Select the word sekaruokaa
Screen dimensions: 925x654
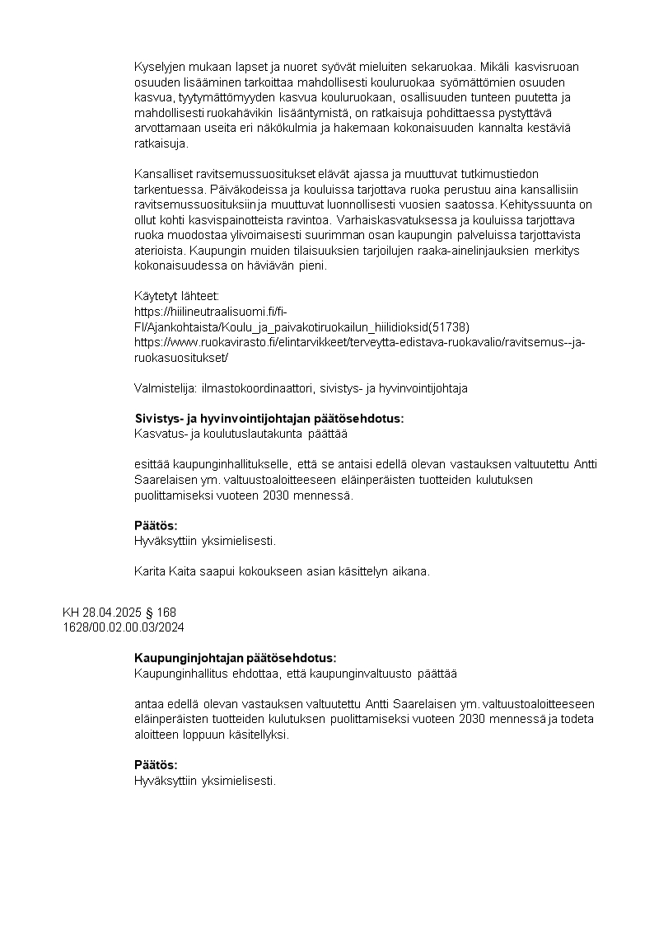click(x=444, y=68)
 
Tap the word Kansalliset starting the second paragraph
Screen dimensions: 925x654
click(x=163, y=174)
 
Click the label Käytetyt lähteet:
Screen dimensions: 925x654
click(x=176, y=295)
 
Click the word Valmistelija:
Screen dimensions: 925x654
click(x=160, y=387)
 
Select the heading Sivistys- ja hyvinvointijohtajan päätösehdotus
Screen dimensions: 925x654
click(x=269, y=418)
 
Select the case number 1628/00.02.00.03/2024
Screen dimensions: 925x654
click(x=124, y=627)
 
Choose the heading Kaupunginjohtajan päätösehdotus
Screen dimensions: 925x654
click(x=235, y=658)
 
